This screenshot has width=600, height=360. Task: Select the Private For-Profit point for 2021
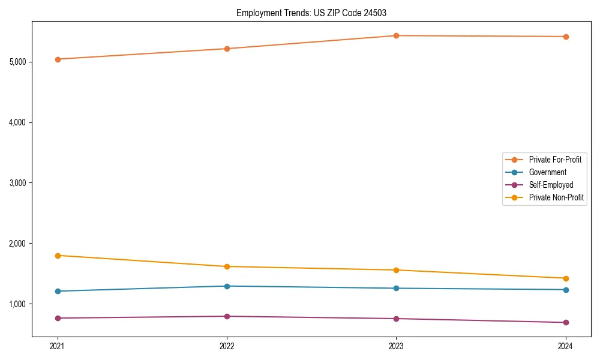58,59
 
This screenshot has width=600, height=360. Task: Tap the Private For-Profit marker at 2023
396,35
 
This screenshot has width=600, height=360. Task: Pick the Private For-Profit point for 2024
565,37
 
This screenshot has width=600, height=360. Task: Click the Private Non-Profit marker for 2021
58,256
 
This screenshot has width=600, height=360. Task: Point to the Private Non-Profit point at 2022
227,266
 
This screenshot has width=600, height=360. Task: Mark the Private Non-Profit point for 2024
565,278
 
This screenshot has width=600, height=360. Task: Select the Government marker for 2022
227,286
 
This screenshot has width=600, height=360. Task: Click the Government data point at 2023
396,289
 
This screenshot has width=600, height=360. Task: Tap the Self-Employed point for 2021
58,318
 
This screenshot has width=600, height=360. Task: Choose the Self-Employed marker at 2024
565,323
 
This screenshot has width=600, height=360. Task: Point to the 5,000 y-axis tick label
20,62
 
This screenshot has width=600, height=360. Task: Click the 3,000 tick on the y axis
20,183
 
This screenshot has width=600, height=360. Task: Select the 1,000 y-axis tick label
20,304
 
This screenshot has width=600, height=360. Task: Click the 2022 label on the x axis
227,346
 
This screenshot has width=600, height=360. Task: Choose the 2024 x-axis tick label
565,346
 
